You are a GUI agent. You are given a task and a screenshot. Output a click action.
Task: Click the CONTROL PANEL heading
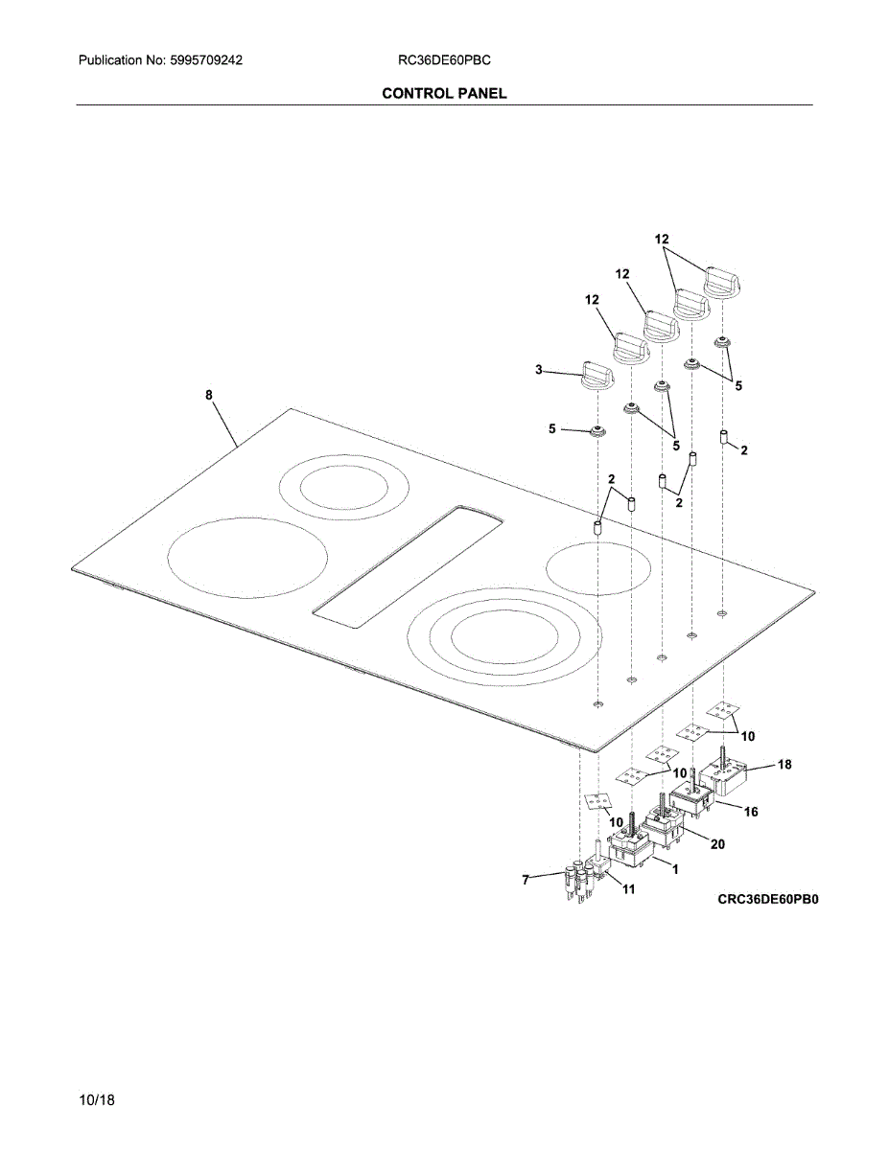coord(444,93)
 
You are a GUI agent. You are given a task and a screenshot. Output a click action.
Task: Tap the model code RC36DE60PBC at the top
coord(444,60)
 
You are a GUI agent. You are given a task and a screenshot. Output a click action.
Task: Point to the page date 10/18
coord(98,1100)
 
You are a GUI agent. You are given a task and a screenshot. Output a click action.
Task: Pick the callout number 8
coord(209,395)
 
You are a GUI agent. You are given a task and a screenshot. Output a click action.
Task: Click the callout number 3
coord(539,369)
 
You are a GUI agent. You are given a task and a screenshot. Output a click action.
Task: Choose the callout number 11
coord(629,889)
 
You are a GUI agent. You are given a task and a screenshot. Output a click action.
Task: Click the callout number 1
coord(675,869)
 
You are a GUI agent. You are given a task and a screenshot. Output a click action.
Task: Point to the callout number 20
coord(716,843)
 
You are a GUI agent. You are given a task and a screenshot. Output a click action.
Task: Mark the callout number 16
coord(750,812)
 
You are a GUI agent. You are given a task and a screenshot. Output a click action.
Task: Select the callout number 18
coord(784,765)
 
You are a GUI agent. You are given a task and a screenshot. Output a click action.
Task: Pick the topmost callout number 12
coord(662,239)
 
